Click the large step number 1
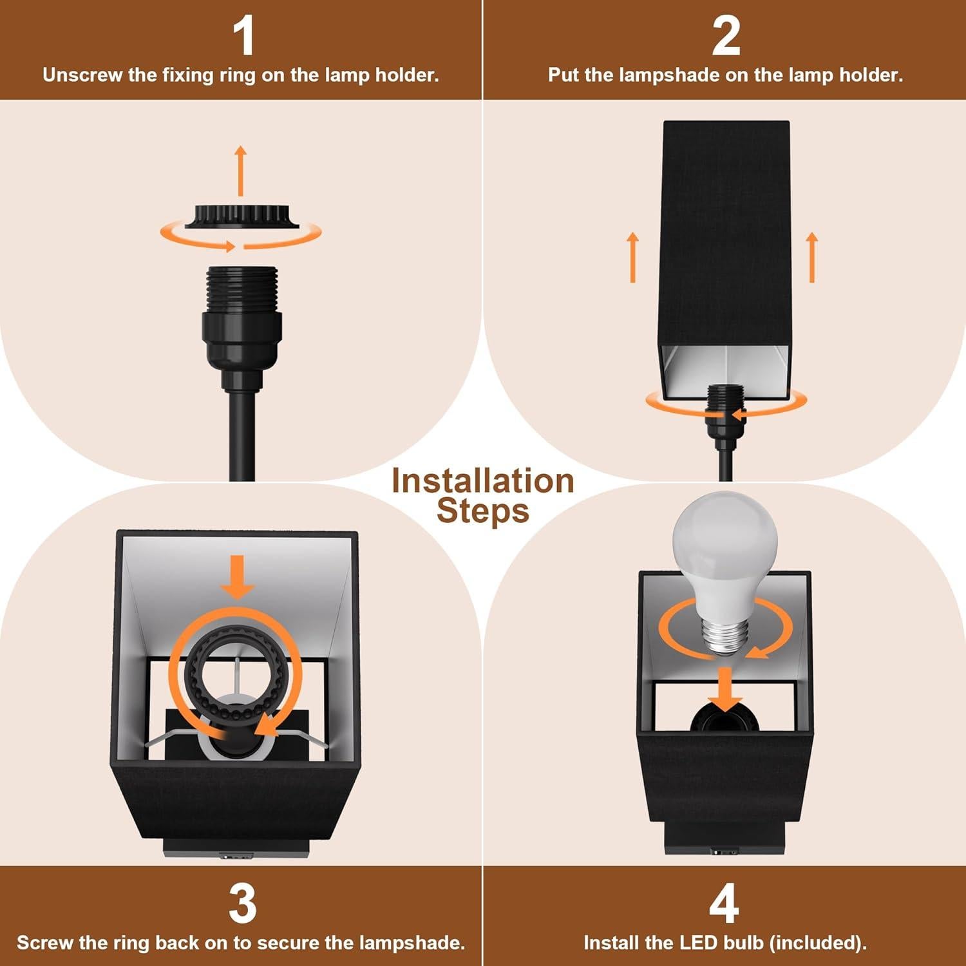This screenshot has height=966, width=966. click(x=243, y=37)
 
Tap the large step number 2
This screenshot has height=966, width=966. click(x=725, y=37)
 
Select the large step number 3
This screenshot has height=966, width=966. click(x=242, y=904)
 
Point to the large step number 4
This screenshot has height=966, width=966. click(x=724, y=904)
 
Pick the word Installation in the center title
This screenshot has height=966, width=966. click(x=482, y=481)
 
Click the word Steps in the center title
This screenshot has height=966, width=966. click(x=482, y=511)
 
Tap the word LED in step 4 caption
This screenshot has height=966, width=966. click(x=698, y=943)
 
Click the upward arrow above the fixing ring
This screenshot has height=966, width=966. click(x=241, y=171)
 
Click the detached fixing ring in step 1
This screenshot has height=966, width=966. click(x=242, y=216)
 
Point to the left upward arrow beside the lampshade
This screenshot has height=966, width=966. click(x=633, y=257)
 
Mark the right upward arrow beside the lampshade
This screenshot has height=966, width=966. click(x=812, y=257)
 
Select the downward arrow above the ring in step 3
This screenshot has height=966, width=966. click(x=238, y=576)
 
